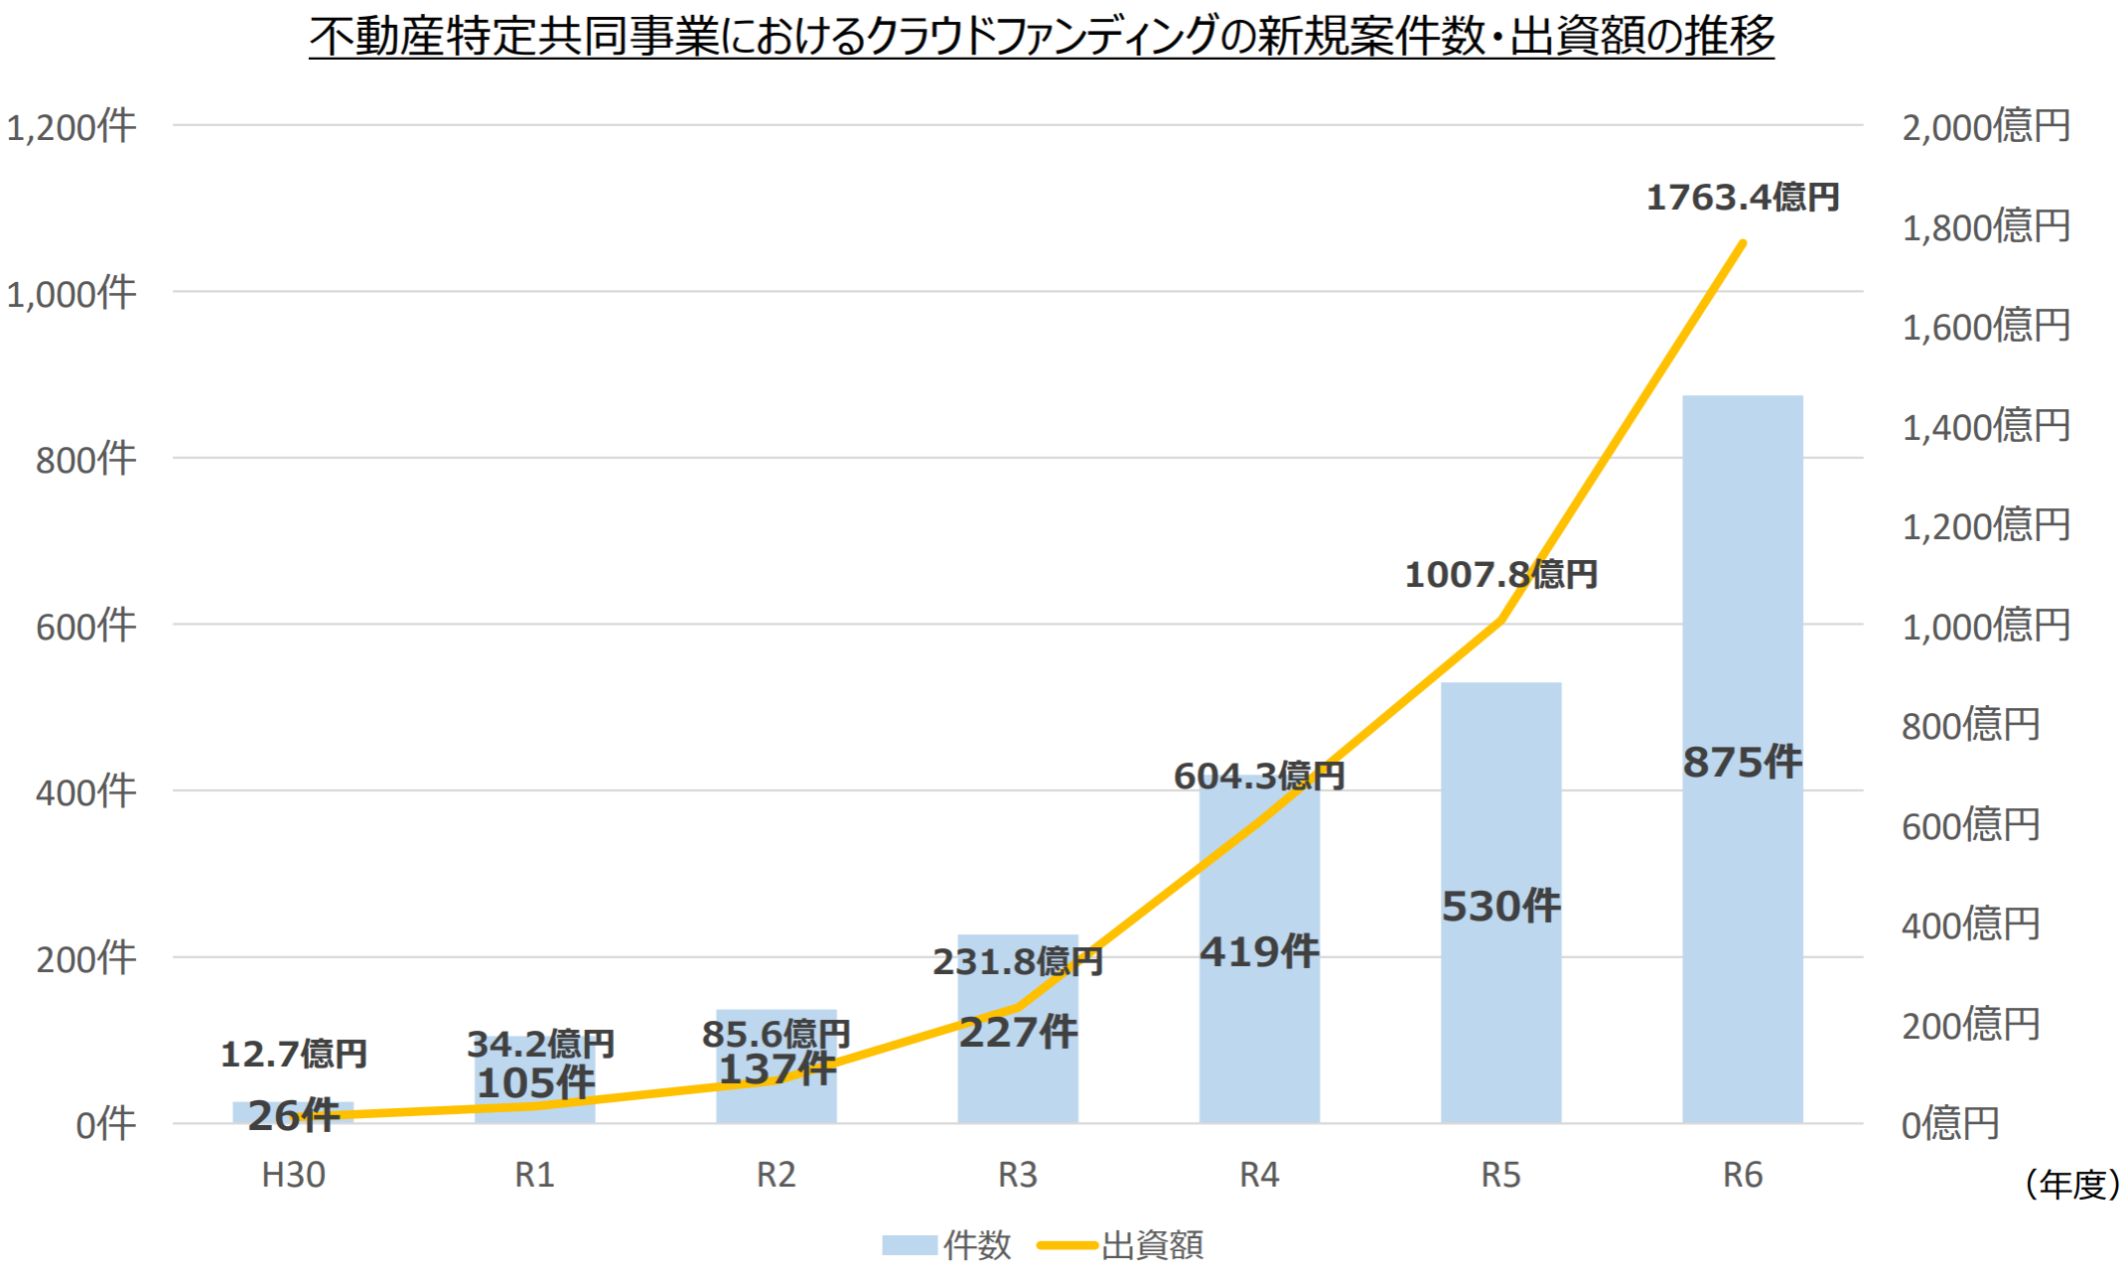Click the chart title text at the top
(1041, 36)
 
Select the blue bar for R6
(1742, 596)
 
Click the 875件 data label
(1742, 763)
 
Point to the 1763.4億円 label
(1742, 198)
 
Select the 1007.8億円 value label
(1500, 574)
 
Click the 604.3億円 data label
(1258, 776)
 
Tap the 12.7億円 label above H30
(293, 1054)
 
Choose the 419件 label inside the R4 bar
(1259, 951)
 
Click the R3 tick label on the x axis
(1017, 1175)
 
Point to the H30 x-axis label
(293, 1175)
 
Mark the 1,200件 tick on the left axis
(71, 127)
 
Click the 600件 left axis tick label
(85, 627)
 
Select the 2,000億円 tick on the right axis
(1985, 127)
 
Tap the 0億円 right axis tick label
(1949, 1124)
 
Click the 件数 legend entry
(948, 1244)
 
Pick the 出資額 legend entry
(1122, 1244)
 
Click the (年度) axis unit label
(2072, 1184)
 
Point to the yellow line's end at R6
(1743, 242)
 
